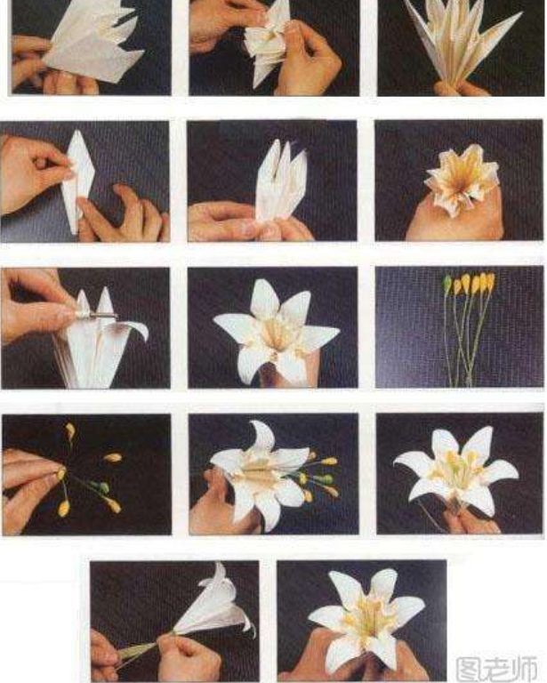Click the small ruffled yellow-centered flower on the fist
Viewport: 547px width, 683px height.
pos(461,179)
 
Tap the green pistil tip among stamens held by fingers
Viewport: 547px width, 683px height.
pos(103,487)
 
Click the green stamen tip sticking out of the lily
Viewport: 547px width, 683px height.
pos(326,479)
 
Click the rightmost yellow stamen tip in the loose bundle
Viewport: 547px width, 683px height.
pos(490,282)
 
